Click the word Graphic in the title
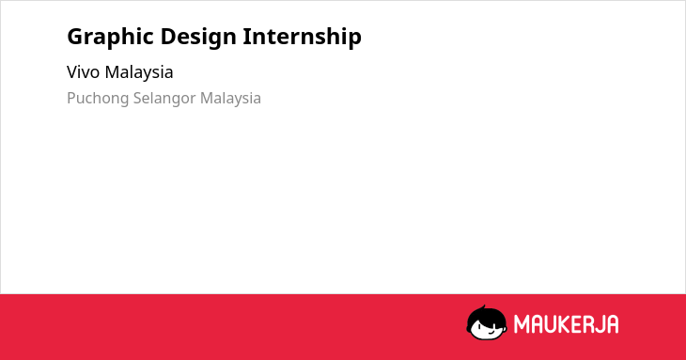(110, 38)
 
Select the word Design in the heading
(197, 38)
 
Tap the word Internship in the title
(303, 37)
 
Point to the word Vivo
(83, 72)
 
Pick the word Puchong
(98, 99)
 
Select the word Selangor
(164, 99)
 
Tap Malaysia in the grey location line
(230, 99)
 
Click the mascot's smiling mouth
(491, 332)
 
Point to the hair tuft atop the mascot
(483, 307)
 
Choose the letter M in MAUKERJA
(522, 324)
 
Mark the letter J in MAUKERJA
(601, 324)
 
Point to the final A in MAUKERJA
(613, 324)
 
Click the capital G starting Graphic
(76, 37)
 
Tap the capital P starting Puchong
(71, 98)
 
